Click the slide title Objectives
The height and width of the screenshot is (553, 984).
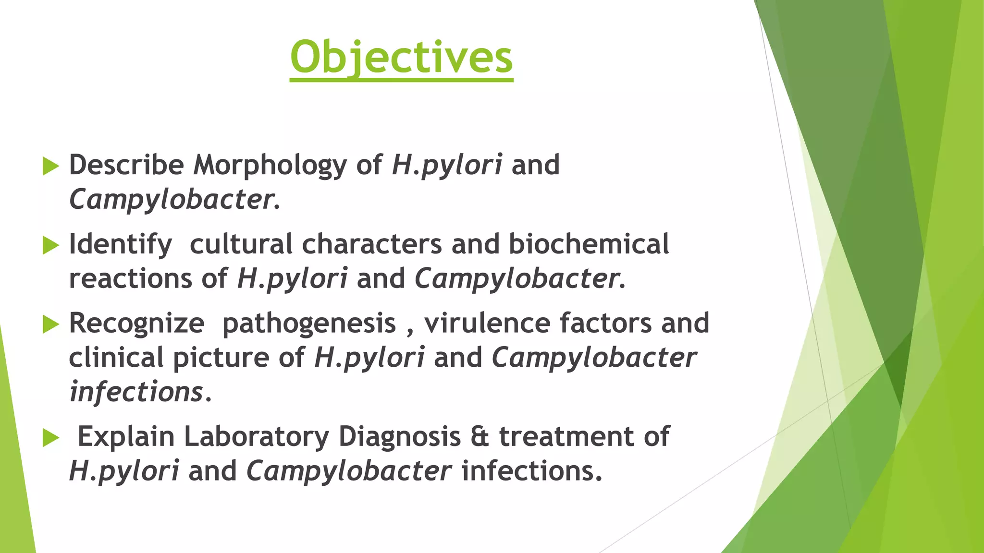click(401, 58)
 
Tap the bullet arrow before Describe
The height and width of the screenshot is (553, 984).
click(50, 166)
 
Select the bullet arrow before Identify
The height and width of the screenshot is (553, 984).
click(50, 245)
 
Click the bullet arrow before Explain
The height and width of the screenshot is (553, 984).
click(50, 438)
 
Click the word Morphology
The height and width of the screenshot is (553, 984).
click(270, 166)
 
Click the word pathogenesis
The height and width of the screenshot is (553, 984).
click(309, 324)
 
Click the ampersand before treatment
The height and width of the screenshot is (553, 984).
click(480, 437)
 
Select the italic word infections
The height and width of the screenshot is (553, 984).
click(136, 392)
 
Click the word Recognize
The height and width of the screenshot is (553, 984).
click(136, 324)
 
